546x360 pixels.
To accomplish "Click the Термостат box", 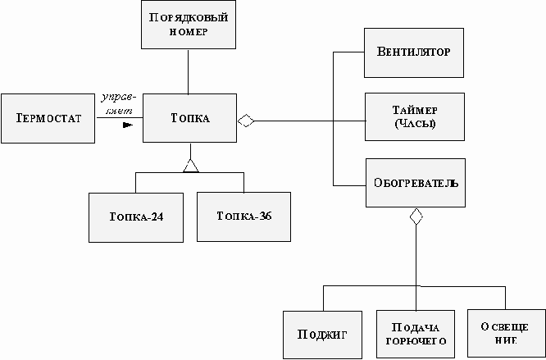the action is (48, 118).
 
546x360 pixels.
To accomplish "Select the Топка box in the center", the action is (189, 118).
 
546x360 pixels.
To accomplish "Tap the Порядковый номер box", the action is (189, 25).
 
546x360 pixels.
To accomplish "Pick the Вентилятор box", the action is (414, 53).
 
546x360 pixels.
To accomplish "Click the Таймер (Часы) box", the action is (415, 117).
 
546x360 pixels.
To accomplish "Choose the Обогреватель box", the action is (416, 183).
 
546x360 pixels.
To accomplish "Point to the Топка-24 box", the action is (136, 217).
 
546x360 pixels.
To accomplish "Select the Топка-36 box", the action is (243, 217).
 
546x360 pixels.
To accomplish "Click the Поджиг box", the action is (322, 335).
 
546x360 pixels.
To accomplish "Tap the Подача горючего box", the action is (416, 335).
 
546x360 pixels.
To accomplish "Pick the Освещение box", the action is (507, 334).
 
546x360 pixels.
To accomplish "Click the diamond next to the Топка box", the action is (246, 121).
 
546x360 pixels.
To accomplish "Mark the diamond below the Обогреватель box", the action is (416, 216).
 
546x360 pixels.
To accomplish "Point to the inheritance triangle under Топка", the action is (191, 166).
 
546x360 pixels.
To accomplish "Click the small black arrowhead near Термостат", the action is (127, 125).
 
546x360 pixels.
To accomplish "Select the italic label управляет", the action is (118, 104).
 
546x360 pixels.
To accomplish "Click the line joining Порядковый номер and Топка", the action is (189, 71).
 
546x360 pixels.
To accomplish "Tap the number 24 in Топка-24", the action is (157, 217).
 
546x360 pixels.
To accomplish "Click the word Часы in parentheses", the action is (415, 124).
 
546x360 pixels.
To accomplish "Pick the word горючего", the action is (416, 341).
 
